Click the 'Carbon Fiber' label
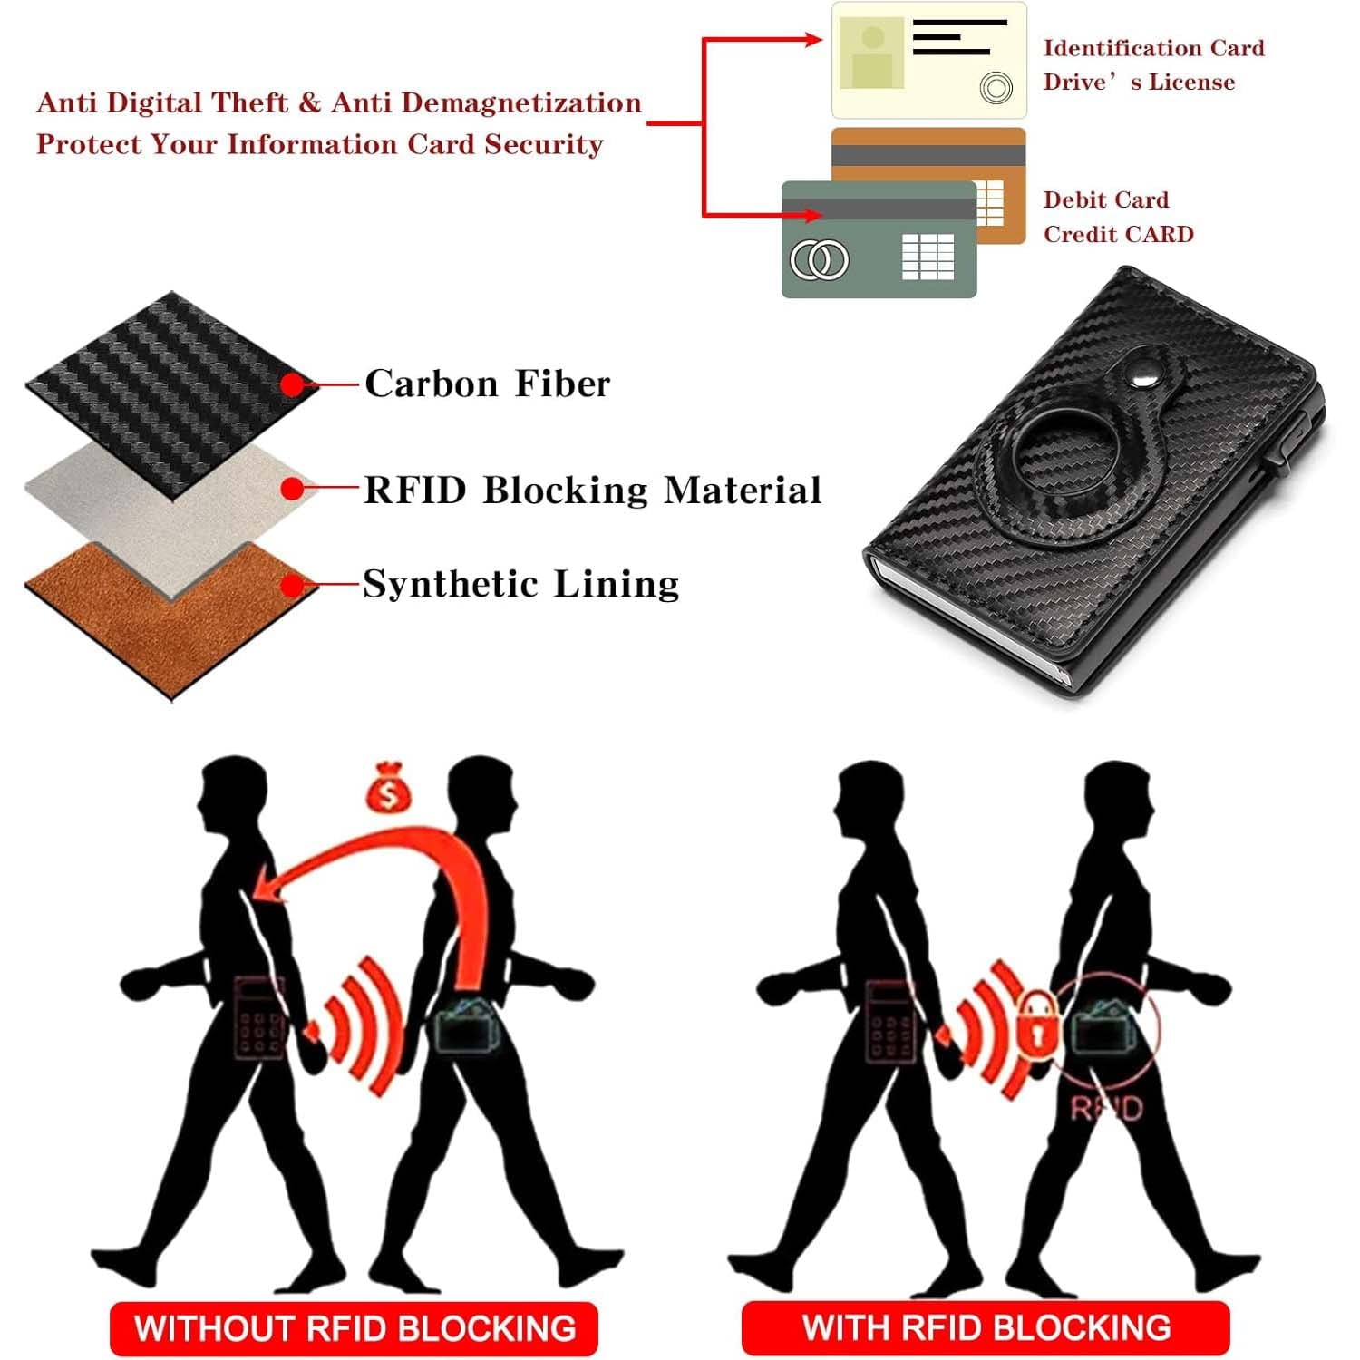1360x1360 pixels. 488,384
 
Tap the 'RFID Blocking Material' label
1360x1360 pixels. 593,490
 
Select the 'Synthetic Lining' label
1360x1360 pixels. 521,584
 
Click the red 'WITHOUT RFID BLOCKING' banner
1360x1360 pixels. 355,1328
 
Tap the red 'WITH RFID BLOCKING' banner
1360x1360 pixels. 986,1327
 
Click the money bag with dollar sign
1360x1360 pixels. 388,786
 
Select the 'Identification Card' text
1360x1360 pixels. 1153,48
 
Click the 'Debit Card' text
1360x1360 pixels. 1106,199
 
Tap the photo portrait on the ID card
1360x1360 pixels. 872,53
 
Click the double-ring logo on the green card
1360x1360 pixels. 820,260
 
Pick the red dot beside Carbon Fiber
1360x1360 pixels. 292,385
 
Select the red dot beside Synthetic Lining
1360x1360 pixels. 292,587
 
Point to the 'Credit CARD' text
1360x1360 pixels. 1119,234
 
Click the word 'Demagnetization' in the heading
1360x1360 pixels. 521,102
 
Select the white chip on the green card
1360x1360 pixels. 928,256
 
